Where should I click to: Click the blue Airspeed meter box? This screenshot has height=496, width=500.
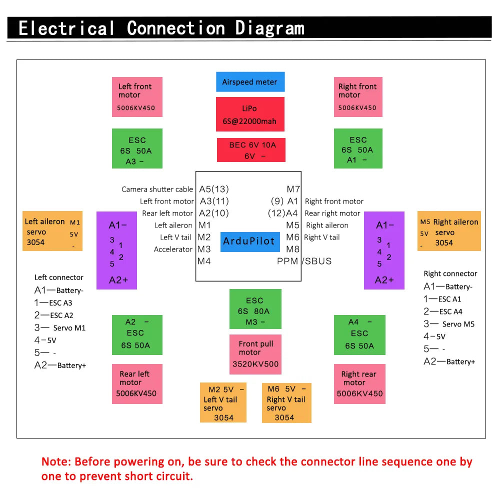click(250, 82)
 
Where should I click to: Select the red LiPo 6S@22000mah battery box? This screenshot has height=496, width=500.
click(250, 114)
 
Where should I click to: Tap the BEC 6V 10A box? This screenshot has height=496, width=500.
click(251, 150)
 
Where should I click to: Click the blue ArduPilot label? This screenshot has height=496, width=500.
click(250, 241)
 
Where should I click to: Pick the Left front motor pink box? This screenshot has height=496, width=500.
click(137, 97)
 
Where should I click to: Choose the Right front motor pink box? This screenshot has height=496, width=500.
click(358, 97)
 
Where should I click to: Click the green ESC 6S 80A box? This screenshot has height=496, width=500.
click(255, 309)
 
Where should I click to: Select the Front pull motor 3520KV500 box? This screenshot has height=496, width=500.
click(255, 354)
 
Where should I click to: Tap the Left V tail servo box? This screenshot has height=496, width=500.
click(223, 402)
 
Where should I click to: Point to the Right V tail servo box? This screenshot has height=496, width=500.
click(286, 403)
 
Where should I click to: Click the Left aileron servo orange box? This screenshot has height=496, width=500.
click(52, 231)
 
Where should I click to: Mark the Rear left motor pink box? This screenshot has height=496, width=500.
click(137, 384)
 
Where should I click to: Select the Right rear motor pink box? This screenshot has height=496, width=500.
click(359, 384)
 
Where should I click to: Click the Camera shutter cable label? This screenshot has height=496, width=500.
click(157, 189)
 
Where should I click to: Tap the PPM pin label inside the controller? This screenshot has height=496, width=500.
click(287, 261)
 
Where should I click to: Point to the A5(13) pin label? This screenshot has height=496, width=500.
click(214, 189)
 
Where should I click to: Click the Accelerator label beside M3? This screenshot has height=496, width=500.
click(173, 249)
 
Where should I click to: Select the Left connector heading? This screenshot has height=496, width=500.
click(58, 277)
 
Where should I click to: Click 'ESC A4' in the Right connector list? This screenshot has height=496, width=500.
click(450, 311)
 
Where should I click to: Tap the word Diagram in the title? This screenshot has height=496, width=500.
click(270, 28)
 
